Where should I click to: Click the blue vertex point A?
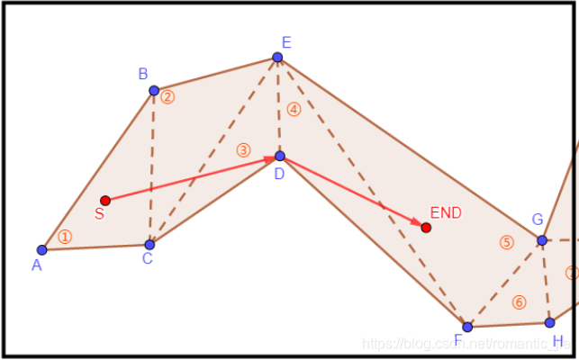41,249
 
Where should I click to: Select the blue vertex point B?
154,90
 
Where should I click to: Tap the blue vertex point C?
149,244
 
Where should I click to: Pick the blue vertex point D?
280,156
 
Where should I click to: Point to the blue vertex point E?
277,58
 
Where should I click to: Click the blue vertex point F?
467,327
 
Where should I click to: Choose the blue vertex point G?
542,240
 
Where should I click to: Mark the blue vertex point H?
549,322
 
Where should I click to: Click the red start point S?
105,200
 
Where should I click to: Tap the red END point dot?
426,228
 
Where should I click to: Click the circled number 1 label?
64,237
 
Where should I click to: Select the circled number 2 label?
167,96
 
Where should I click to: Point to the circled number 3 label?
243,150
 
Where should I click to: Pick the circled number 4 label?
294,109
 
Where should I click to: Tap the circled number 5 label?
506,242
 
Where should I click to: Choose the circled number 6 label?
518,302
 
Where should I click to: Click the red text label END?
446,212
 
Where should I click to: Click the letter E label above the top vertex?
286,42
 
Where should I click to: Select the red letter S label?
99,214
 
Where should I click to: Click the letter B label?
142,74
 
